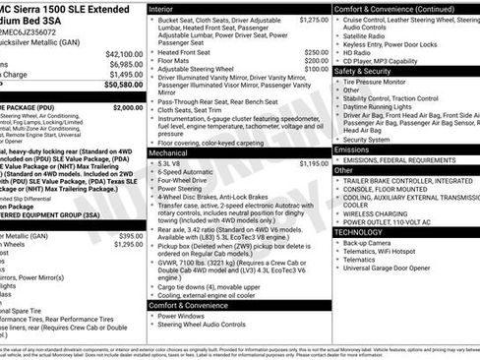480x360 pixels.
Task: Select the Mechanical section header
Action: coord(170,153)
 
